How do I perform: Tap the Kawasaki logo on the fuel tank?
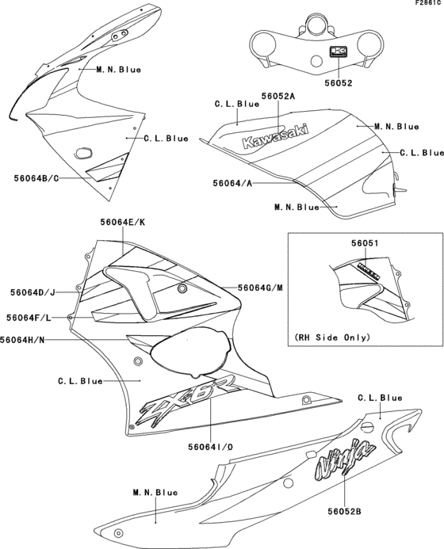(x=275, y=137)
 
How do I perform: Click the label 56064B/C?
(x=36, y=177)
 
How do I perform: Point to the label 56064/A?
(x=232, y=183)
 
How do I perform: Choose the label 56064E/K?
(x=122, y=223)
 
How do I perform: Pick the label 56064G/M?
(x=260, y=288)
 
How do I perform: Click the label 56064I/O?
(x=209, y=448)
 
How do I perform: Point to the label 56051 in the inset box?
(x=365, y=246)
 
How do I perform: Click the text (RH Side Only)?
(x=332, y=337)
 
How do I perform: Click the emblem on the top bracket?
(x=339, y=53)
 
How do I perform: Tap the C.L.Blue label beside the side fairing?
(x=80, y=381)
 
